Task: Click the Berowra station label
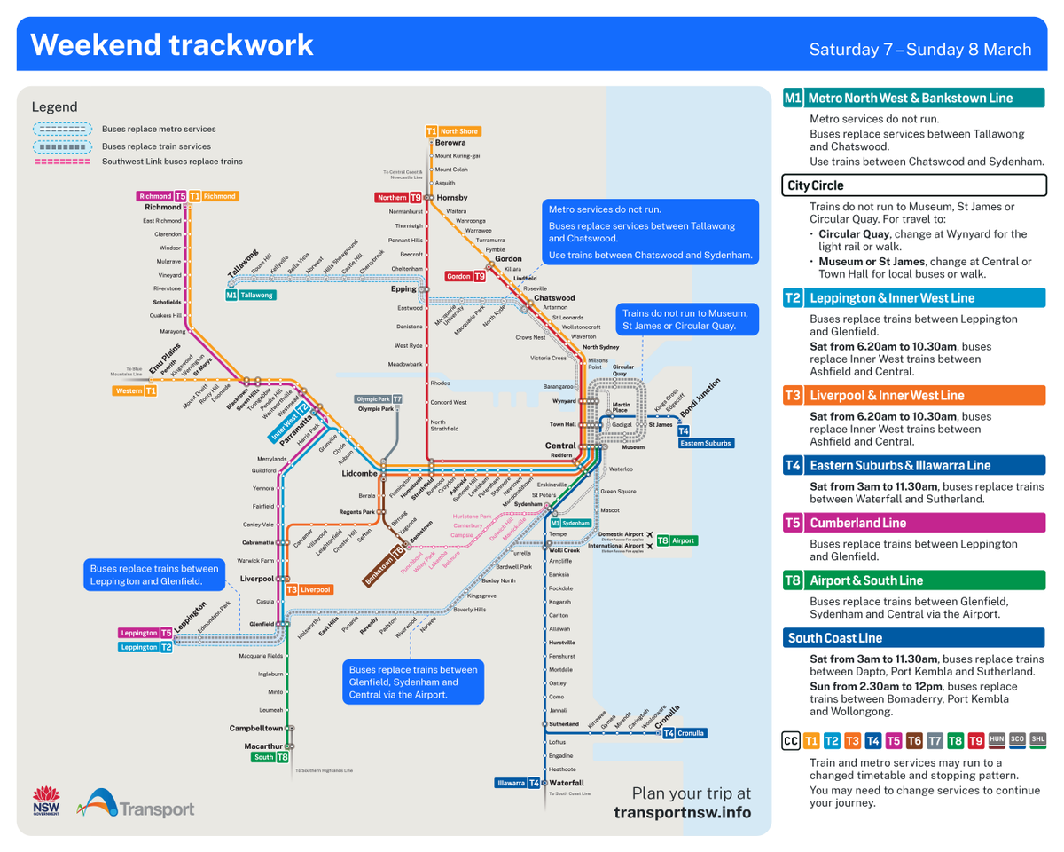450,142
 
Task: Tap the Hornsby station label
451,197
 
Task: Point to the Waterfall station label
567,783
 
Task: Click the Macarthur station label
263,746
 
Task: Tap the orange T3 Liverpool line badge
309,589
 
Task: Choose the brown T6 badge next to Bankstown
400,551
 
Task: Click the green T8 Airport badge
676,540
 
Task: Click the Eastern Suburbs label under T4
707,443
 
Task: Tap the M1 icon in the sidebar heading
793,98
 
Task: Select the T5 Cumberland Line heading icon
793,523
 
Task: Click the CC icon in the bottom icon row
790,739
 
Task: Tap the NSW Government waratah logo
45,800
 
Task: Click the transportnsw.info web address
682,812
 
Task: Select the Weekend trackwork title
172,44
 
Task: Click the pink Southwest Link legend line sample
62,162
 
